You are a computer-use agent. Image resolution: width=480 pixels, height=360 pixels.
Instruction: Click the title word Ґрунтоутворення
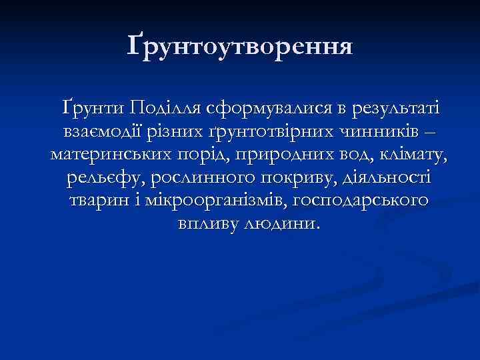pos(240,46)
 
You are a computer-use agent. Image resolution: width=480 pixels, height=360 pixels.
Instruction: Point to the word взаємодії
pos(107,131)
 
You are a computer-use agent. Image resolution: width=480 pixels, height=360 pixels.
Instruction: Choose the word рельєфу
pos(107,178)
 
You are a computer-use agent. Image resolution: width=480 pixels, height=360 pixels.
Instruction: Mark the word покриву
pos(307,178)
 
